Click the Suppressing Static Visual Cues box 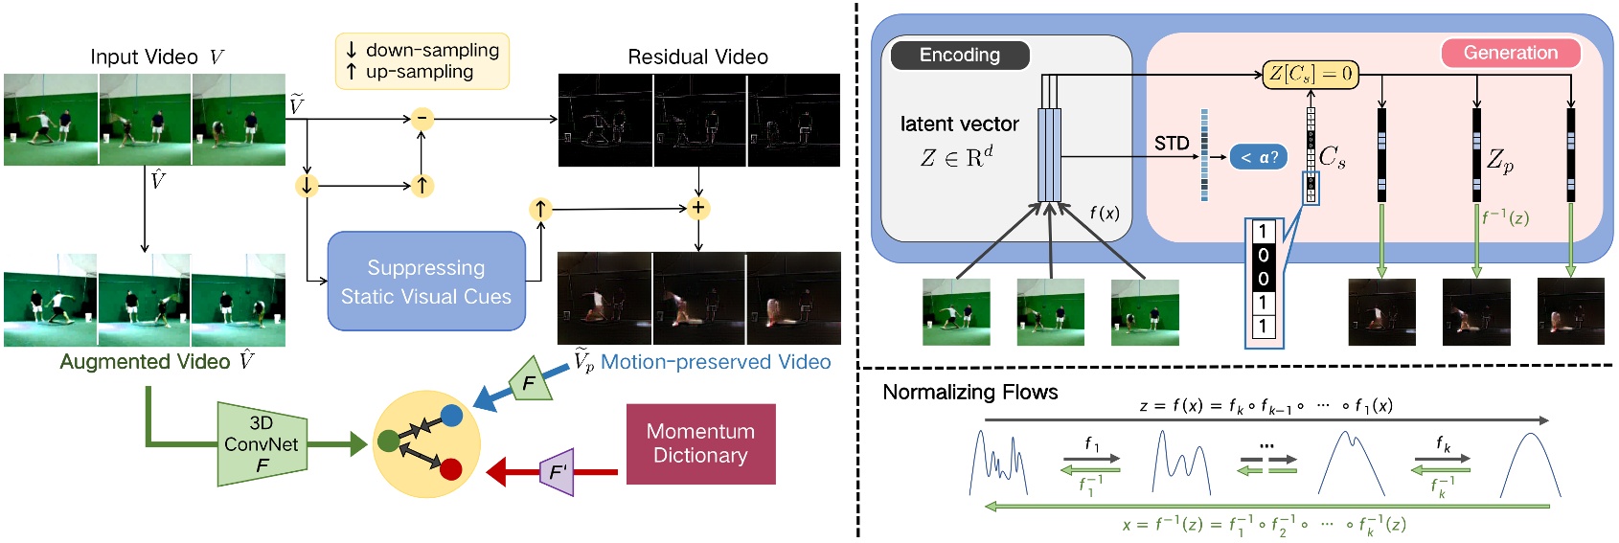(426, 282)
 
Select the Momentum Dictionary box (700, 443)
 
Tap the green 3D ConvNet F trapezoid (262, 443)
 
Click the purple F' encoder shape (558, 472)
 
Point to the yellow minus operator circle (422, 120)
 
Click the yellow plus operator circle (698, 208)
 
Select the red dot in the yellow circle (450, 468)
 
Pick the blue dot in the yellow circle (451, 416)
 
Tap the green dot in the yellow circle (388, 441)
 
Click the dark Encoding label (960, 56)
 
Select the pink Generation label (1510, 54)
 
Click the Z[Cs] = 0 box (1310, 74)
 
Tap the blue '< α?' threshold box (1258, 157)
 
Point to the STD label (1172, 144)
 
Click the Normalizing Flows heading (969, 393)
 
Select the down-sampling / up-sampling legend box (422, 61)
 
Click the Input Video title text (144, 57)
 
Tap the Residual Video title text (697, 57)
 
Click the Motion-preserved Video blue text (715, 362)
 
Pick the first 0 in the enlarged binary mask (1263, 256)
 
